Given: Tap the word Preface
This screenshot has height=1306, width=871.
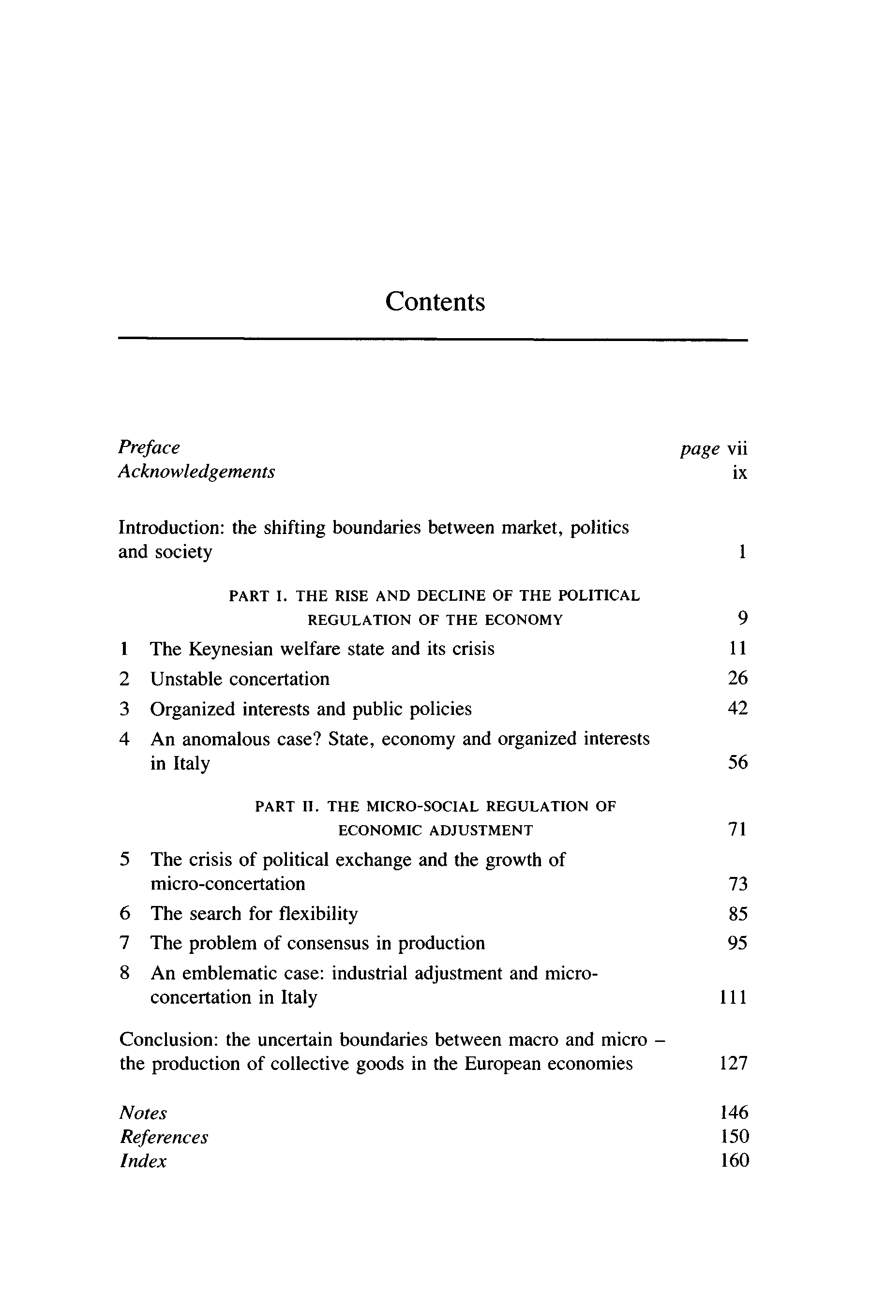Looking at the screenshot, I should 149,447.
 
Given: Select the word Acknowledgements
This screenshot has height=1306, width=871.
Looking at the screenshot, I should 196,472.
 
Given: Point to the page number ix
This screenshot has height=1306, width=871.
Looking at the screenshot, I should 739,473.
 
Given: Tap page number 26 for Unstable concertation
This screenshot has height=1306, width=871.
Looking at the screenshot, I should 737,678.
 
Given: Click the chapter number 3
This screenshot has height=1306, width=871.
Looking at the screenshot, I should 124,709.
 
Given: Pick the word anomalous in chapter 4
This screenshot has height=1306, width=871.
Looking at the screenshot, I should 227,739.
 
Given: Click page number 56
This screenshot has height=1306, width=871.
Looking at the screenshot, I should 737,763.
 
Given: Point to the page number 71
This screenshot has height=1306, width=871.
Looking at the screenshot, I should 737,830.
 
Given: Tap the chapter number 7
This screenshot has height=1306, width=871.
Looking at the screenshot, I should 125,943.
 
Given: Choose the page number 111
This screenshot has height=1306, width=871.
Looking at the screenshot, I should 733,997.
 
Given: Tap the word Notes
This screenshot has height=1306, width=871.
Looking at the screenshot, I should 143,1113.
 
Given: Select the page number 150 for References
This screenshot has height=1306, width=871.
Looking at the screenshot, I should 735,1137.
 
